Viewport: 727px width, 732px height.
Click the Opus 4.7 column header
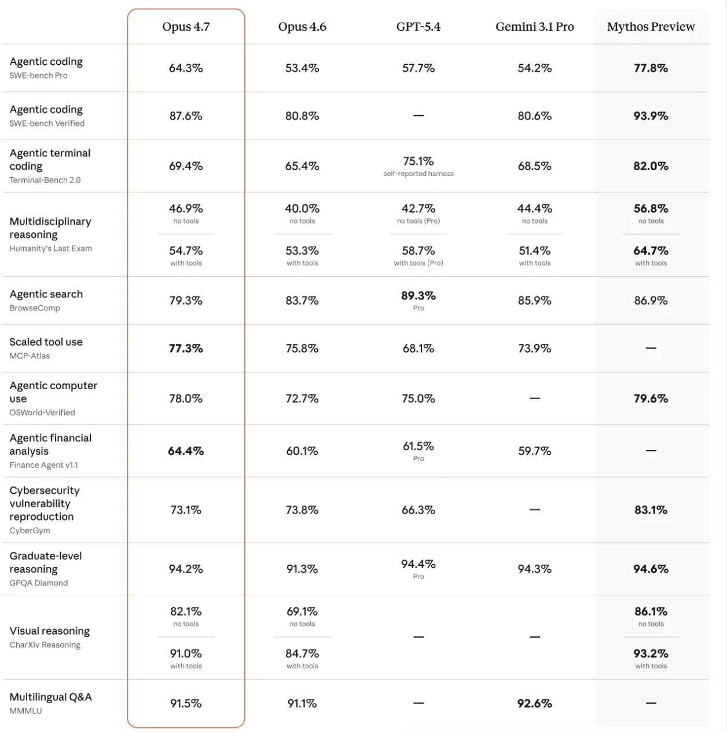tap(186, 27)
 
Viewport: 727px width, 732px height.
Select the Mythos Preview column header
tap(651, 27)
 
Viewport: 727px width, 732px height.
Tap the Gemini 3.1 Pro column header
tap(534, 27)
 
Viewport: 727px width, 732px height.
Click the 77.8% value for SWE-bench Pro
tap(651, 68)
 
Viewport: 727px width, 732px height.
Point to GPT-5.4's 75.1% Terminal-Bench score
tap(418, 161)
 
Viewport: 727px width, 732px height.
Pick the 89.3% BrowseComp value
tap(418, 296)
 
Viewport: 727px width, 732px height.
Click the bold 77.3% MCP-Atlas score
tap(186, 349)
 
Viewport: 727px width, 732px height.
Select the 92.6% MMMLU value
tap(534, 704)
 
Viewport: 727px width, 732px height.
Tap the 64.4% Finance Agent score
tap(186, 451)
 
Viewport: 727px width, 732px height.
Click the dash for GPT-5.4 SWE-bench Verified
tap(418, 116)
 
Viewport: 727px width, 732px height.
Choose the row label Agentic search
tap(46, 294)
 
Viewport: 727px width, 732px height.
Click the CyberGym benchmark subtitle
tap(30, 530)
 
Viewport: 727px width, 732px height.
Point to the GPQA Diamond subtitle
tap(38, 583)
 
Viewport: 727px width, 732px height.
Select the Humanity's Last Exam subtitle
tap(50, 248)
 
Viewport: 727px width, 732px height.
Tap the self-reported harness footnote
tap(418, 174)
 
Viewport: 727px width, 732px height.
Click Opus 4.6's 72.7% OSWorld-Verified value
tap(302, 399)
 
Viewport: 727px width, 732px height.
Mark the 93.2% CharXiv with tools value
tap(651, 654)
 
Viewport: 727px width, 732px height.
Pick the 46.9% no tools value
tap(186, 208)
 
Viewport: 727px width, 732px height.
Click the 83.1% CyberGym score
tap(651, 510)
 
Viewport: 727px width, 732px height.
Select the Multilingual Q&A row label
tap(50, 697)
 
